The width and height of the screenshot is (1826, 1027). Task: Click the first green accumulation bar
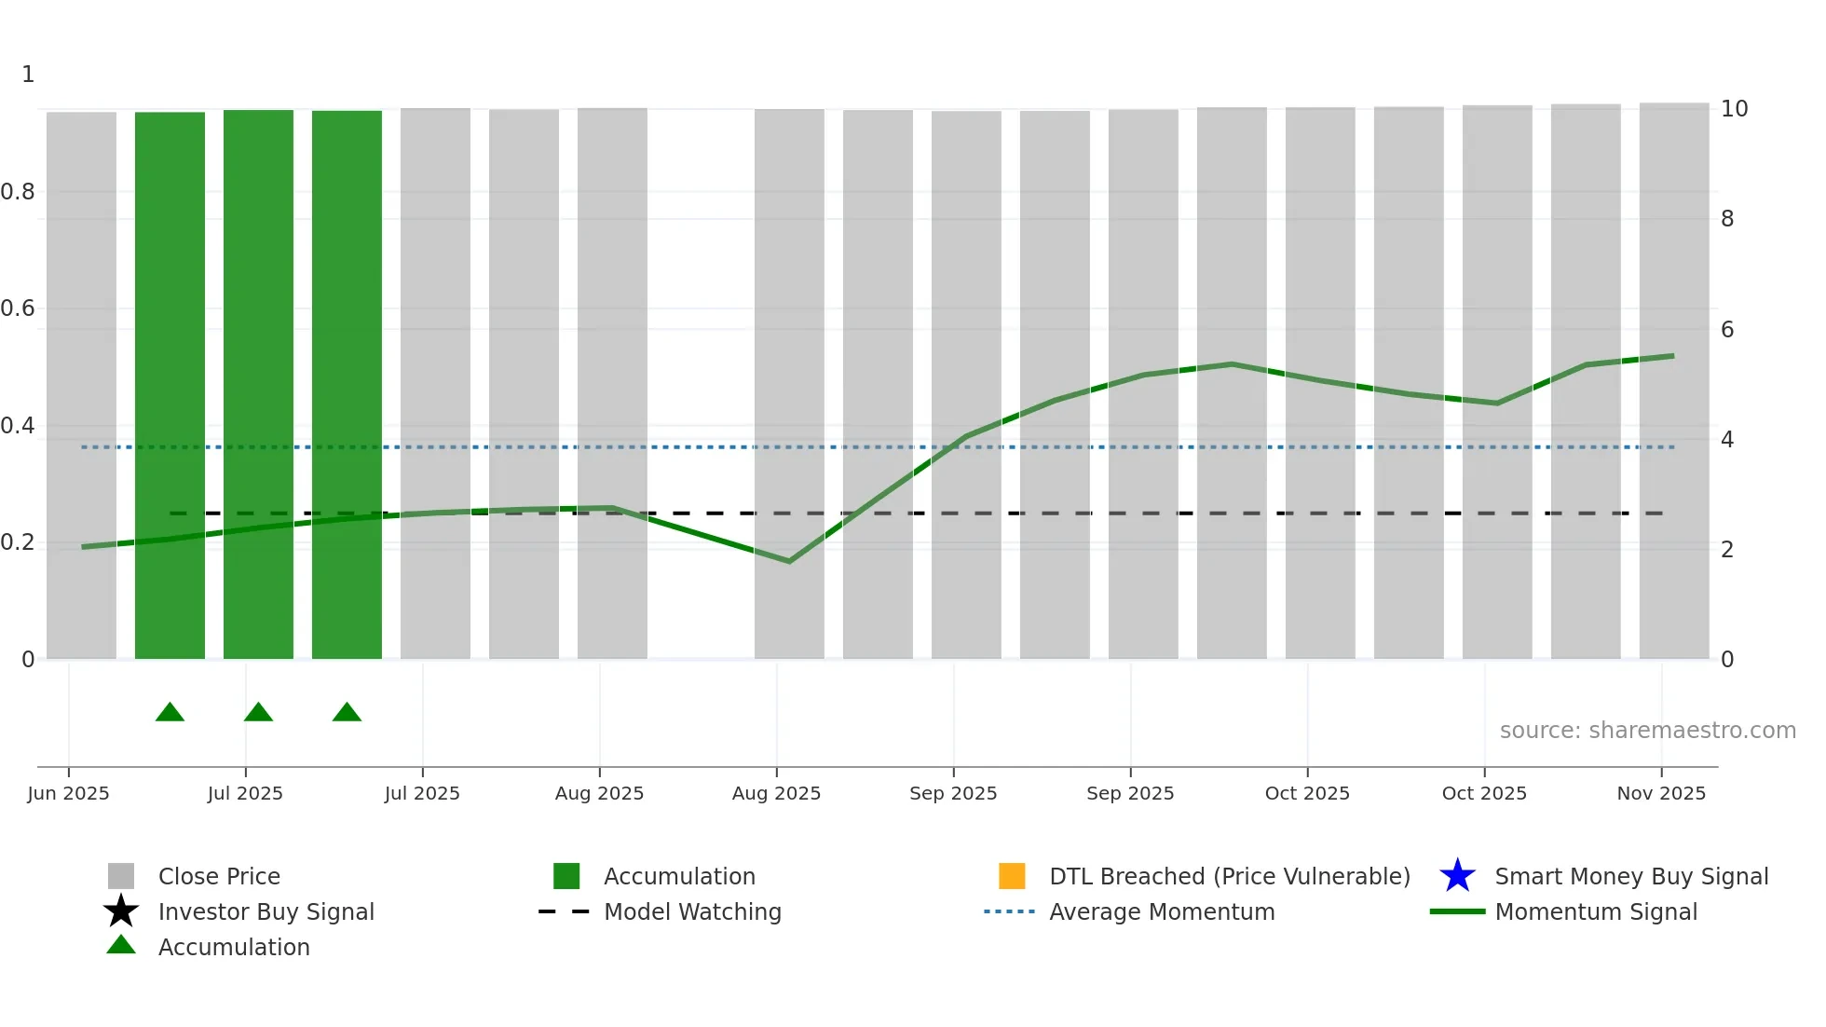pyautogui.click(x=170, y=385)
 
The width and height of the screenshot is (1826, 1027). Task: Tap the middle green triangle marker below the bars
pyautogui.click(x=258, y=713)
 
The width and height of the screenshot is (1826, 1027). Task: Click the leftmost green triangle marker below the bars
pyautogui.click(x=170, y=713)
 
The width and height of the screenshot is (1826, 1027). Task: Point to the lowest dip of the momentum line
pyautogui.click(x=789, y=561)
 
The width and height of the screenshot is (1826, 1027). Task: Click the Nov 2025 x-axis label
pyautogui.click(x=1661, y=793)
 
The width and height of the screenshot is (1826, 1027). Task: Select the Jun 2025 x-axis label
pyautogui.click(x=68, y=793)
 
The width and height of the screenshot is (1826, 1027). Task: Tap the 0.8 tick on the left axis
pyautogui.click(x=18, y=192)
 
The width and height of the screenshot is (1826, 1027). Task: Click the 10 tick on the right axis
pyautogui.click(x=1734, y=109)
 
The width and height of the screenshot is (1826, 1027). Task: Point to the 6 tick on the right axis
pyautogui.click(x=1727, y=330)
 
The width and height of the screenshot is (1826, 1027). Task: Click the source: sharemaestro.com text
pyautogui.click(x=1647, y=731)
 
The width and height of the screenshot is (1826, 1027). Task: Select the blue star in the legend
pyautogui.click(x=1457, y=876)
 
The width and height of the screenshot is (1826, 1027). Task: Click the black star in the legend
pyautogui.click(x=121, y=911)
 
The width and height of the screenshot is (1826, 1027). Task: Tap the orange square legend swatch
pyautogui.click(x=1012, y=876)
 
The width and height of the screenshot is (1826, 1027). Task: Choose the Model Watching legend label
pyautogui.click(x=692, y=911)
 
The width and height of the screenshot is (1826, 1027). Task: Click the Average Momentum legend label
pyautogui.click(x=1162, y=911)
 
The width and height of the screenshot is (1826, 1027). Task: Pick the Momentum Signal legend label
pyautogui.click(x=1596, y=911)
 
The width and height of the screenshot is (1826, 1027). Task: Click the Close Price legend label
pyautogui.click(x=219, y=876)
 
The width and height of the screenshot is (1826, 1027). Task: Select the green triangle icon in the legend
pyautogui.click(x=121, y=945)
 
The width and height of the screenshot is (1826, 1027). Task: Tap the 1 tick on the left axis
pyautogui.click(x=28, y=75)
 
